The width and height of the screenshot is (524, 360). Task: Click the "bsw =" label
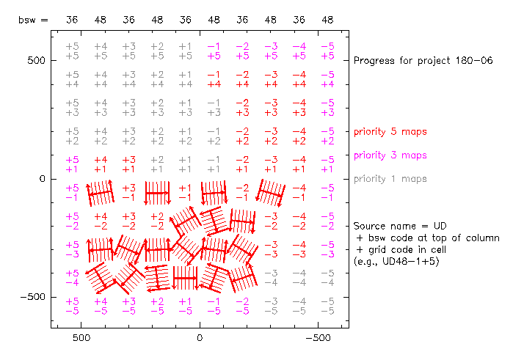coord(33,20)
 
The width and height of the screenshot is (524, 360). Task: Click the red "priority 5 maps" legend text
coord(390,132)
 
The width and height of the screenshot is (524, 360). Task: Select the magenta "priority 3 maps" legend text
coord(390,155)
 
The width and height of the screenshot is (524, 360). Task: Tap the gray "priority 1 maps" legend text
coord(390,179)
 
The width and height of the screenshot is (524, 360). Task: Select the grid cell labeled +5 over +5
coord(72,51)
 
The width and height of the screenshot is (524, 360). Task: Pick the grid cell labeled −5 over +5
coord(327,51)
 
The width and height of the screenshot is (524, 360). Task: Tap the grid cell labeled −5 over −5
coord(327,306)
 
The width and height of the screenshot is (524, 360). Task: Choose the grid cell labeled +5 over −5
coord(72,306)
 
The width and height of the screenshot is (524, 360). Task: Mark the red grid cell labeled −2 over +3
coord(242,108)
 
